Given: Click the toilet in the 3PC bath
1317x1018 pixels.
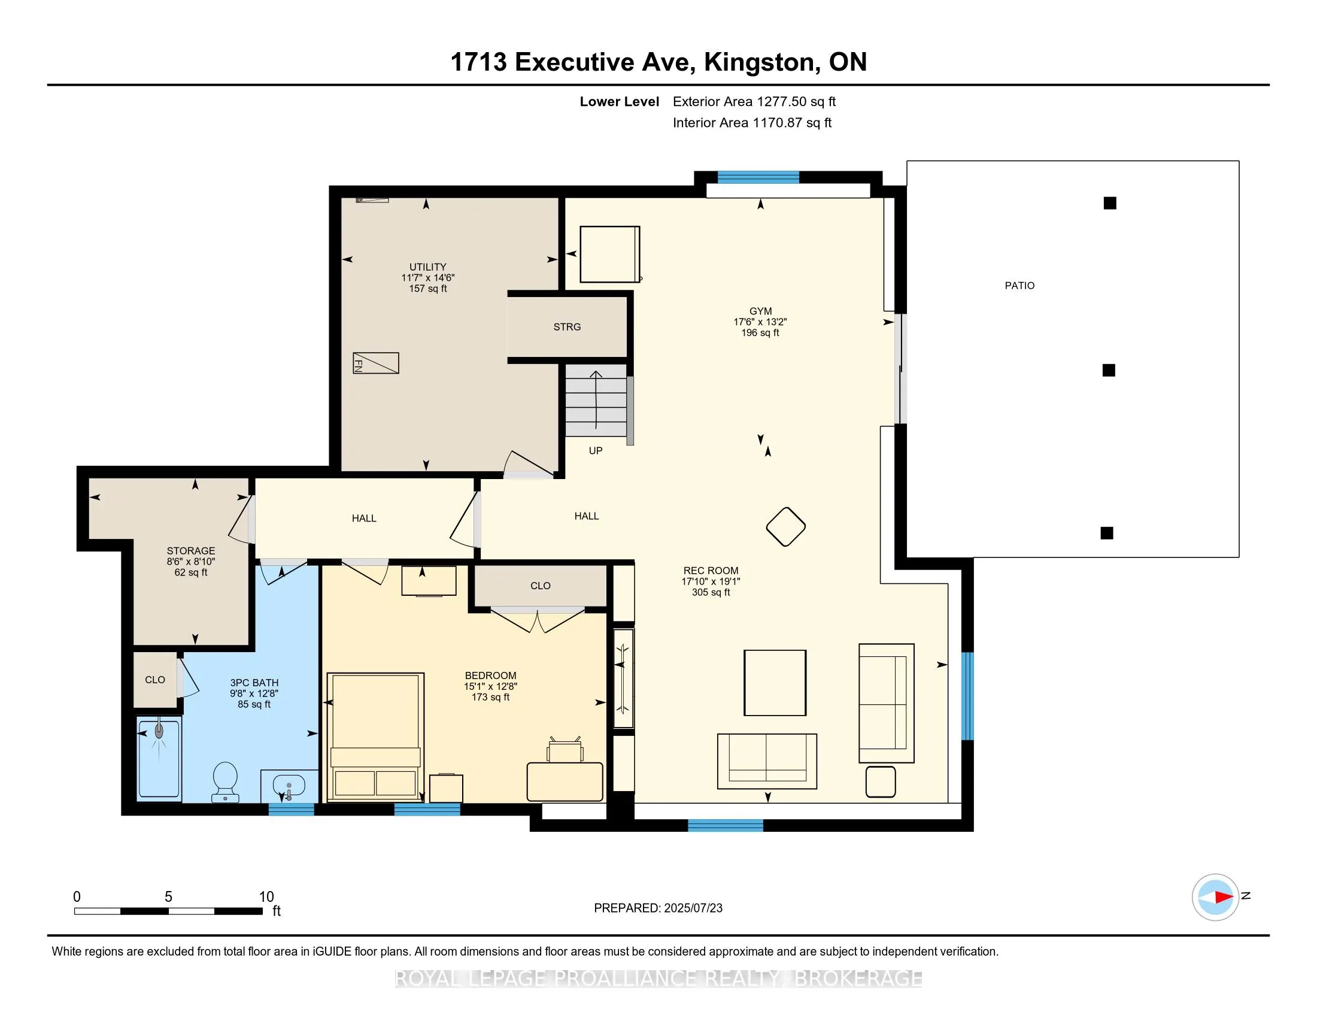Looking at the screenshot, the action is pyautogui.click(x=225, y=782).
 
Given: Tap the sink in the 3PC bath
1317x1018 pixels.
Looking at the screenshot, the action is pyautogui.click(x=289, y=786).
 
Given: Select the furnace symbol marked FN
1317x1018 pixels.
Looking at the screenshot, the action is pyautogui.click(x=376, y=363).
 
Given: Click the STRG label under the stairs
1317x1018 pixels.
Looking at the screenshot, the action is pyautogui.click(x=567, y=327).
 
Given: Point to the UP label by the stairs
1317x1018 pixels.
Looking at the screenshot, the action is pyautogui.click(x=595, y=450).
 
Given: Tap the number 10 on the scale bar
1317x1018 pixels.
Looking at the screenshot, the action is pyautogui.click(x=266, y=897).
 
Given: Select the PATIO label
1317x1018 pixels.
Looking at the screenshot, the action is pyautogui.click(x=1019, y=286).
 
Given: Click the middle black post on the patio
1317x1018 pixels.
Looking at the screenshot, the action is pyautogui.click(x=1108, y=370).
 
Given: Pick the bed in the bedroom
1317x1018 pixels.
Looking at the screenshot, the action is pyautogui.click(x=375, y=737).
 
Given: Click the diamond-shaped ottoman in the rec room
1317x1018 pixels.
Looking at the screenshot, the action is pyautogui.click(x=786, y=526).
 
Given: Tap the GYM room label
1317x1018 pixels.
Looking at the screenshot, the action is pyautogui.click(x=760, y=311).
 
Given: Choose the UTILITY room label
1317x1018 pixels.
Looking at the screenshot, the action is pyautogui.click(x=427, y=267).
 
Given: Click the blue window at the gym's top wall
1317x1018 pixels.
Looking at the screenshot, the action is pyautogui.click(x=758, y=177).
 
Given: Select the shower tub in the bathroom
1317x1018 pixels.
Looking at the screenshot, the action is pyautogui.click(x=159, y=758).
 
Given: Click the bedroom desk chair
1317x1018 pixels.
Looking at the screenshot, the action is pyautogui.click(x=565, y=750).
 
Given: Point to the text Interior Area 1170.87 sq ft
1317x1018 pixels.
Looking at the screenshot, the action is pyautogui.click(x=752, y=123).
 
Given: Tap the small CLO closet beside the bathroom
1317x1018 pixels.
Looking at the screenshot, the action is pyautogui.click(x=155, y=680).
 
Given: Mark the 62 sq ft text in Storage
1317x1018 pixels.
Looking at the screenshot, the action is pyautogui.click(x=190, y=572).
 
